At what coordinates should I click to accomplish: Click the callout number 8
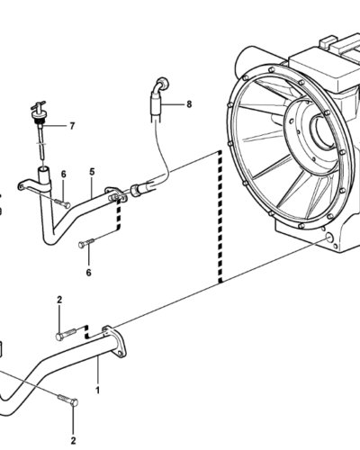point(189,104)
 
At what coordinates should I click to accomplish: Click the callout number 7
point(72,126)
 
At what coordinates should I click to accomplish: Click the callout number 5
point(92,172)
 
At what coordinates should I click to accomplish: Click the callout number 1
point(97,391)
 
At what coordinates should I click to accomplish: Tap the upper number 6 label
point(64,174)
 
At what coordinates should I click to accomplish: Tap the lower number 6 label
point(88,273)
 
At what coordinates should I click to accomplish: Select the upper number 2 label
point(59,300)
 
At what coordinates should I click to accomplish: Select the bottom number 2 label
point(73,441)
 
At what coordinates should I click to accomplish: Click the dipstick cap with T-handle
point(39,111)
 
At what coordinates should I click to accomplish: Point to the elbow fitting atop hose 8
point(161,85)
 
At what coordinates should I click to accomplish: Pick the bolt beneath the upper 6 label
point(63,203)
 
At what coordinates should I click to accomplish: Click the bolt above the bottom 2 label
point(68,400)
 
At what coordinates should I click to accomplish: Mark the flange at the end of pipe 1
point(115,342)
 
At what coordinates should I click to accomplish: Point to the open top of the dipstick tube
point(42,171)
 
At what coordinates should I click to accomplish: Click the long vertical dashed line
point(220,217)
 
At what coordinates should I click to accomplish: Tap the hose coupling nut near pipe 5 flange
point(136,191)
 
